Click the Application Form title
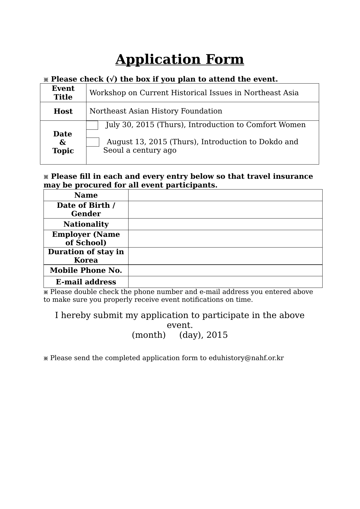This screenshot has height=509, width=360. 180,59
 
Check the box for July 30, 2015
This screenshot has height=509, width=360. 92,125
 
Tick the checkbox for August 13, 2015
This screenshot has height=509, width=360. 93,142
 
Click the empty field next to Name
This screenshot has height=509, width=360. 225,195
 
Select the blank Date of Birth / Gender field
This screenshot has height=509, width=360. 225,210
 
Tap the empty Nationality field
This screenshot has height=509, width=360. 225,224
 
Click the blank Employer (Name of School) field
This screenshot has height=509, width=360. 225,239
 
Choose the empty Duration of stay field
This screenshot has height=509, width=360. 225,256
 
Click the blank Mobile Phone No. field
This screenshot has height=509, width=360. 225,270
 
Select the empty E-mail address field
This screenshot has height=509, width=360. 225,282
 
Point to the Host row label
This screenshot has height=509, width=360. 63,111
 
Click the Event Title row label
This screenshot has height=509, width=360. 63,93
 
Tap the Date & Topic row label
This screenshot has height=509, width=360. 63,142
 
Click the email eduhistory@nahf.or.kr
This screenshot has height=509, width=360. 246,358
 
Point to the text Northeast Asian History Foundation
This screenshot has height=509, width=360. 156,111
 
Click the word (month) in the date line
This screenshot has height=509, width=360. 149,335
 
